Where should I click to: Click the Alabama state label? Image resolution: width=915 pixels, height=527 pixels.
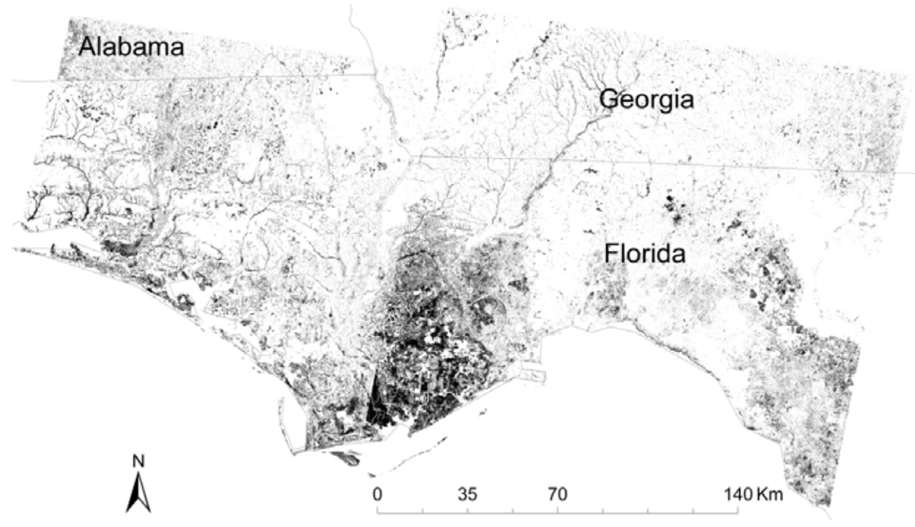click(131, 46)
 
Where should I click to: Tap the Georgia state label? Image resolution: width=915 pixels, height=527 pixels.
click(646, 99)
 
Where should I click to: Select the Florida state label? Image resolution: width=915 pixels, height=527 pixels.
click(644, 254)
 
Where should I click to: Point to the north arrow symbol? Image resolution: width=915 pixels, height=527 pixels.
click(138, 492)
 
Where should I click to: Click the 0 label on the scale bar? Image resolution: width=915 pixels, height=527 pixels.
click(377, 493)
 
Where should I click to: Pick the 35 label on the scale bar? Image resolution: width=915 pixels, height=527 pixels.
click(467, 493)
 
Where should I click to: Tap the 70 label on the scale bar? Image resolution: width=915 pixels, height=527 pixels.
click(558, 493)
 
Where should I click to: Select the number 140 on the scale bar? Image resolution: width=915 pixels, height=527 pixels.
click(738, 493)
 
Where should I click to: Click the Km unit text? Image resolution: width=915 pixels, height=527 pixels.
click(769, 493)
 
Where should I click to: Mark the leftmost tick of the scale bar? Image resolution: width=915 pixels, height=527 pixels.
click(377, 511)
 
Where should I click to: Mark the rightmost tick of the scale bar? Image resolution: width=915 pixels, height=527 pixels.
click(738, 511)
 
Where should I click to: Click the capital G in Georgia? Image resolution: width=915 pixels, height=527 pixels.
click(609, 99)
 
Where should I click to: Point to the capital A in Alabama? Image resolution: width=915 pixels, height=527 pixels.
click(88, 46)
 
